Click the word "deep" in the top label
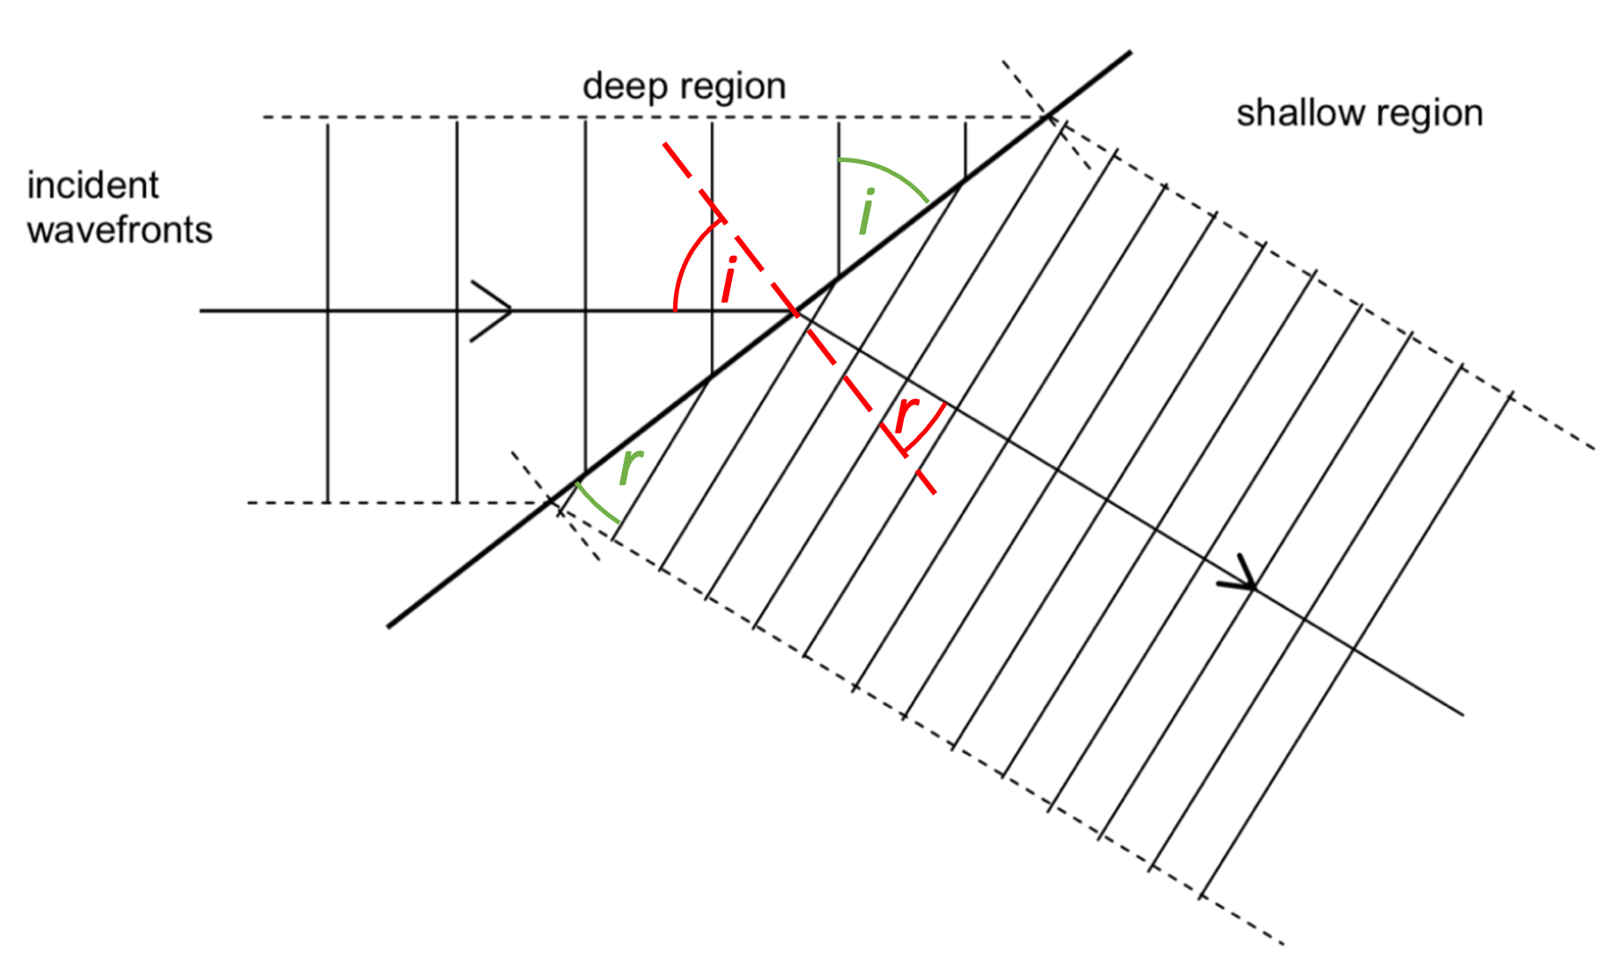(623, 87)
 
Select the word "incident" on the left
(92, 185)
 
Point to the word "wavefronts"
(119, 230)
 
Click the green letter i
(866, 212)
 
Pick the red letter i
(730, 279)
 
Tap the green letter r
(631, 464)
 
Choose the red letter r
(907, 413)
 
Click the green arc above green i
(886, 171)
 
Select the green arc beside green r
(594, 505)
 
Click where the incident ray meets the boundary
(795, 311)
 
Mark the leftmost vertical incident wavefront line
(328, 313)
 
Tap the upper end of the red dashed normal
(664, 143)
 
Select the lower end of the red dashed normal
(933, 492)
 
